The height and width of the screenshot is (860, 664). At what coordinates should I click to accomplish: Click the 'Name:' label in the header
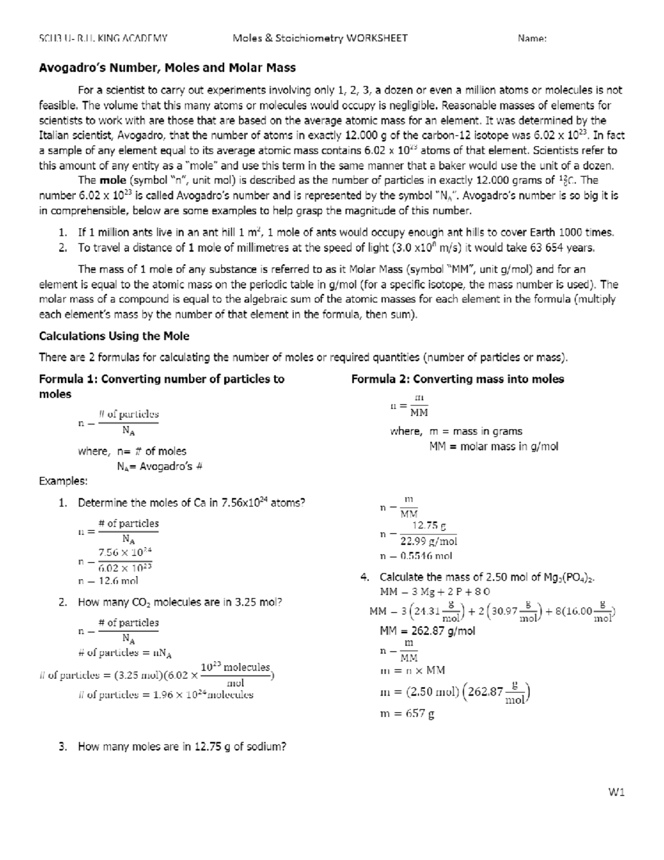[x=532, y=38]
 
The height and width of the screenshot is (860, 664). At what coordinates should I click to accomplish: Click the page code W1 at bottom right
[x=616, y=792]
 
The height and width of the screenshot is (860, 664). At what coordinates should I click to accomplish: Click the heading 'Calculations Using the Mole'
[x=114, y=336]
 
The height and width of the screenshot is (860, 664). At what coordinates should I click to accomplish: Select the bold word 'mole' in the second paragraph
[x=113, y=180]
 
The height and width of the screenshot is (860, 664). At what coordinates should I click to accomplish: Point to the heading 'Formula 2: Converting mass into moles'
[x=458, y=379]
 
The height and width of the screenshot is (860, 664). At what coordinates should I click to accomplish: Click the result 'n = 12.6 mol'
[x=108, y=581]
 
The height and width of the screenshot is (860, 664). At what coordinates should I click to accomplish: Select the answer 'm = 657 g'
[x=407, y=714]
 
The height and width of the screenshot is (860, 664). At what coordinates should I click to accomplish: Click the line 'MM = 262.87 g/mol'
[x=427, y=631]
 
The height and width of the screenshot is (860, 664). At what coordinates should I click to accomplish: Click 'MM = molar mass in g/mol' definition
[x=494, y=446]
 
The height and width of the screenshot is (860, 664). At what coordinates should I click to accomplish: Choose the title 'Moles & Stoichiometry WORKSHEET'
[x=320, y=38]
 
